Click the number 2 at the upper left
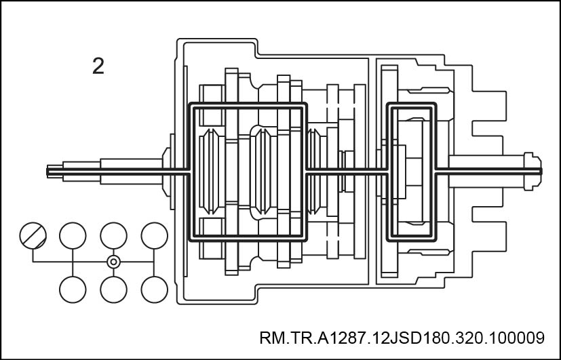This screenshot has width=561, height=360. pos(98,66)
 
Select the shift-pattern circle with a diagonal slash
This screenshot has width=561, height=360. pos(33,235)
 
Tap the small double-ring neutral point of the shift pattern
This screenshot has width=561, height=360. pos(113,262)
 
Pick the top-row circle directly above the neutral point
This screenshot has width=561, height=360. pos(113,235)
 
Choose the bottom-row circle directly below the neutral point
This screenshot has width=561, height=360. pos(113,289)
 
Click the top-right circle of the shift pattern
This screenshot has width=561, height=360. pos(154,235)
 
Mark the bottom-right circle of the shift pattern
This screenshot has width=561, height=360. pos(154,289)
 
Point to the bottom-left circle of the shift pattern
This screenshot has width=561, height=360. pos(73,289)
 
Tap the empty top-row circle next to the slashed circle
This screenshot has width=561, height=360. pos(73,235)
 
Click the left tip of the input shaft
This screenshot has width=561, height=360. pos(47,172)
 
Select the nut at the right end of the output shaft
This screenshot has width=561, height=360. pos(533,172)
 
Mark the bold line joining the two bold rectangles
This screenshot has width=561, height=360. pos(347,172)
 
